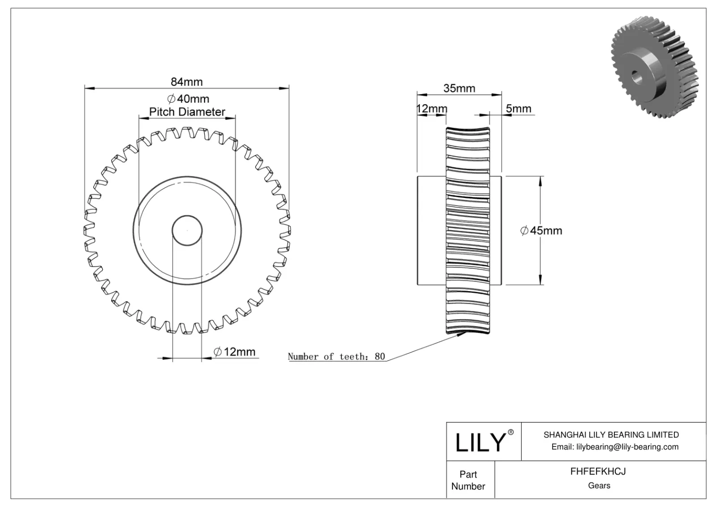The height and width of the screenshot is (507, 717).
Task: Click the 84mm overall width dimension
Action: click(186, 82)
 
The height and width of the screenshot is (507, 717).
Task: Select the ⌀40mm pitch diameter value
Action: click(188, 99)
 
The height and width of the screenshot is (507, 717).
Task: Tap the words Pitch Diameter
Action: click(187, 112)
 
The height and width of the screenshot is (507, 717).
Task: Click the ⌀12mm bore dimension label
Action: click(234, 352)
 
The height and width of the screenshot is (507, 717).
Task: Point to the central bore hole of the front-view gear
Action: click(187, 230)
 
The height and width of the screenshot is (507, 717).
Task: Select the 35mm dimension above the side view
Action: click(459, 88)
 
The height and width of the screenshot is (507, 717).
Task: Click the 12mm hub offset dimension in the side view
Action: click(432, 109)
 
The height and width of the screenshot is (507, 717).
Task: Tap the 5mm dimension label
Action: click(518, 108)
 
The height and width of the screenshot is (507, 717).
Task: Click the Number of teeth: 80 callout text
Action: click(336, 357)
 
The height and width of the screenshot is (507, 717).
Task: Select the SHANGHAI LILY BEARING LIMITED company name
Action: click(611, 434)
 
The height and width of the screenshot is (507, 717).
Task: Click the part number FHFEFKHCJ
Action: click(598, 472)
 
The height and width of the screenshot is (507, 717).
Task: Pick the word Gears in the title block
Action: click(599, 486)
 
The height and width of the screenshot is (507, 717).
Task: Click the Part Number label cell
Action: click(468, 480)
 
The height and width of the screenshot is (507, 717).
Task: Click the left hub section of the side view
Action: click(431, 231)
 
